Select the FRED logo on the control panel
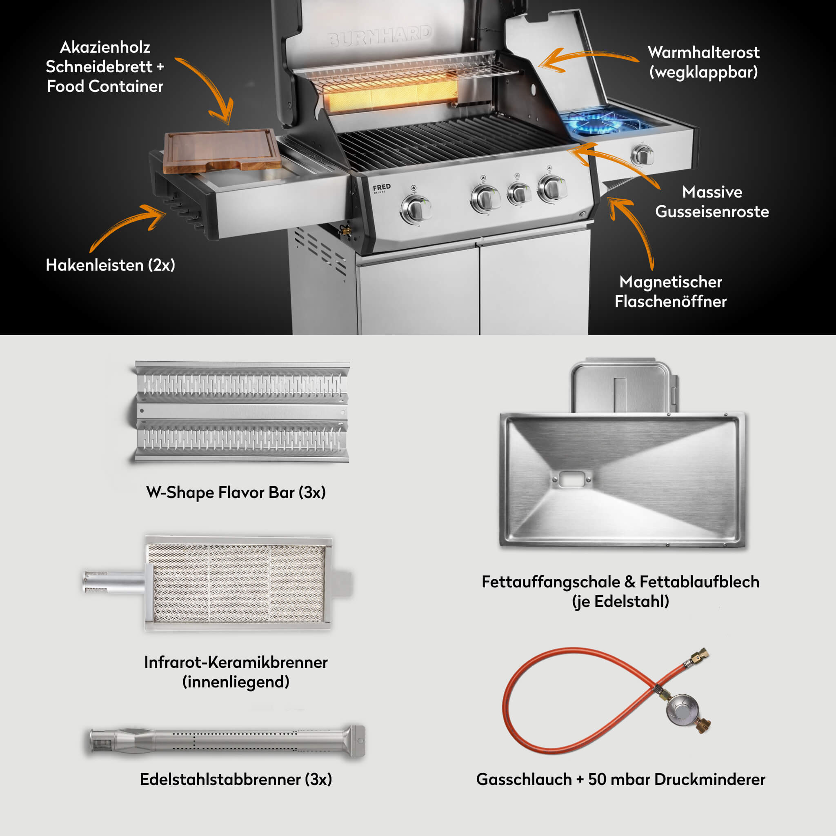tap(382, 187)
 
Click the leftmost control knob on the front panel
tap(416, 209)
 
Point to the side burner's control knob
tap(642, 154)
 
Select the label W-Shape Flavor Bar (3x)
tap(236, 492)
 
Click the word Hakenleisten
tap(95, 265)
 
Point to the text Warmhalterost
tap(704, 52)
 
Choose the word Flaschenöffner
tap(671, 302)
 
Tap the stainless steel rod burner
tap(227, 741)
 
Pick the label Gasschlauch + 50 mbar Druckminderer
tap(620, 779)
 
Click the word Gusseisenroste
tap(712, 211)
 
